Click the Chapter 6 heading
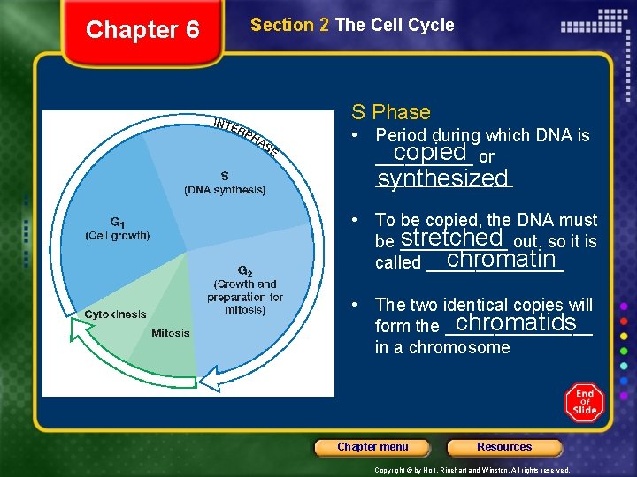coord(142,30)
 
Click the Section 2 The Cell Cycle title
coord(352,25)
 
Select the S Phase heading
coord(390,112)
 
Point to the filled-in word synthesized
coord(442,178)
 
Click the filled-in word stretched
coord(451,238)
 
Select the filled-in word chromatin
coord(502,260)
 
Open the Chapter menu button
coord(372,447)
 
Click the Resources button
coord(504,447)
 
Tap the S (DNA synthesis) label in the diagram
coord(225,183)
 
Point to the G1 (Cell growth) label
coord(118,229)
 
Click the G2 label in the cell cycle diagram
coord(245,270)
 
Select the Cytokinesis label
coord(115,314)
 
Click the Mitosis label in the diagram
coord(170,333)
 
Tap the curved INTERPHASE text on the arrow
coord(247,135)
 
